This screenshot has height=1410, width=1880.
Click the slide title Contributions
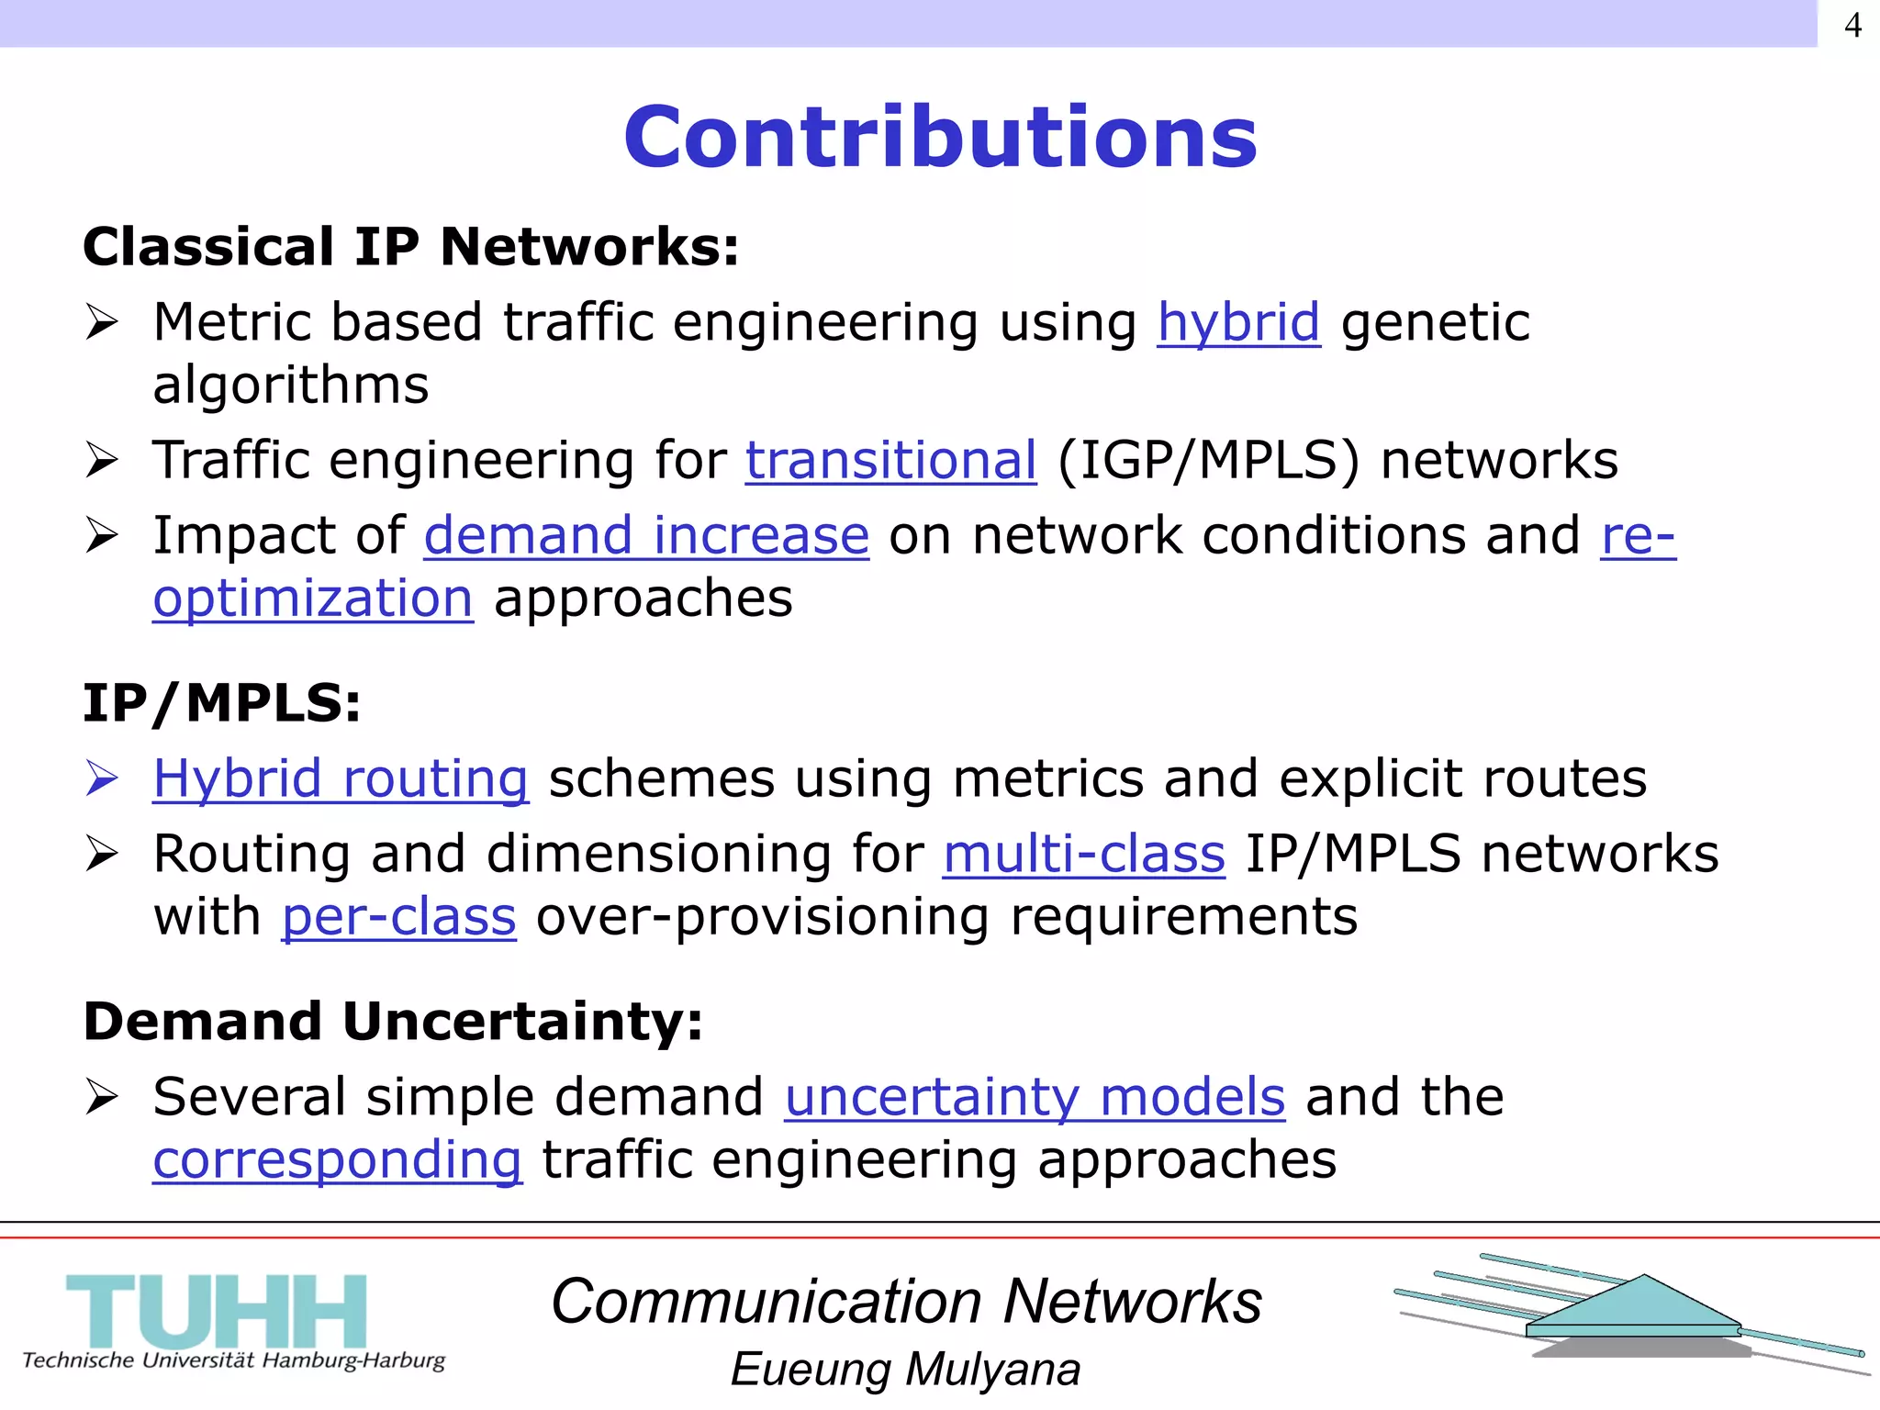(x=940, y=138)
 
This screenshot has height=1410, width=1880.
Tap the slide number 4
(x=1852, y=25)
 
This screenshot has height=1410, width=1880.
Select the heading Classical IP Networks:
(x=410, y=247)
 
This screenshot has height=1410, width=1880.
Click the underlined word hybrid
(x=1237, y=323)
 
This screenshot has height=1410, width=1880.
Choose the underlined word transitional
(x=890, y=460)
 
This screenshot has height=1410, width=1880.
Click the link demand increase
(x=645, y=536)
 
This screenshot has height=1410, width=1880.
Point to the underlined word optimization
(x=312, y=599)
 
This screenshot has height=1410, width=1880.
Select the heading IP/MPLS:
(x=221, y=703)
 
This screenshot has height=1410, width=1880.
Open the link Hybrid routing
(x=340, y=778)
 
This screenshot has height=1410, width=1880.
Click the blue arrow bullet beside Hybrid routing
(x=102, y=778)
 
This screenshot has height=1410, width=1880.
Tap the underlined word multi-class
(x=1083, y=854)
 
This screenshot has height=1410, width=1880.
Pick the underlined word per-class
(x=398, y=916)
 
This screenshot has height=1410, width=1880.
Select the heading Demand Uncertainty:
(x=393, y=1021)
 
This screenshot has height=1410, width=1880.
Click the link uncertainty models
(x=1035, y=1097)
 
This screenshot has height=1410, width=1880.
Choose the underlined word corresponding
(x=337, y=1159)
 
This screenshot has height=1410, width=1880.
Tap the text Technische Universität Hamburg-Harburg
(x=233, y=1360)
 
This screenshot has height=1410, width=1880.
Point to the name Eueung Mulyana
(x=905, y=1370)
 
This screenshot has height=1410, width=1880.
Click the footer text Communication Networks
(x=906, y=1302)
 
